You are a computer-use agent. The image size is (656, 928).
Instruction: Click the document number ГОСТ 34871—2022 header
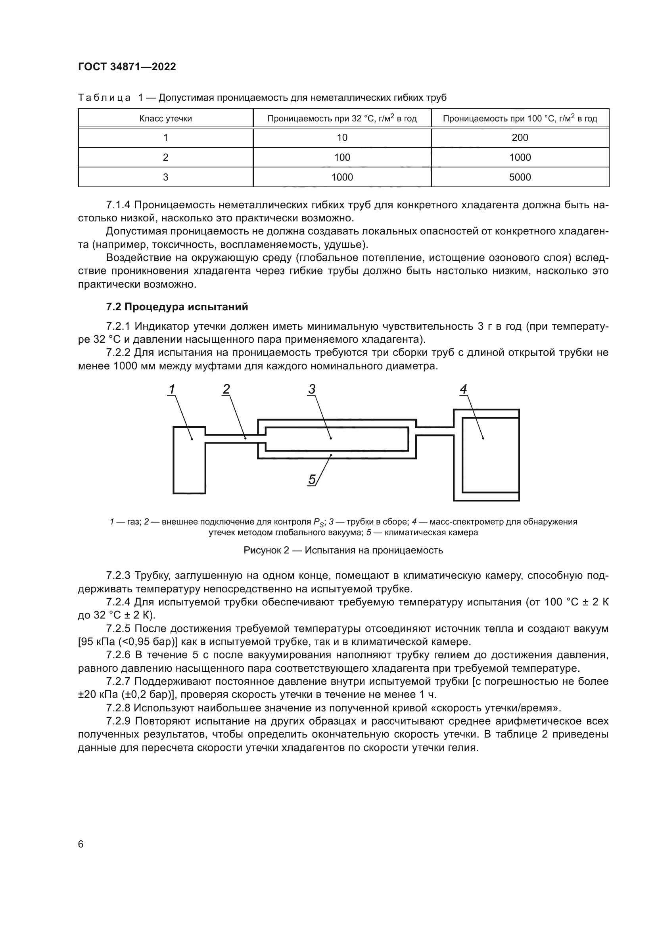pyautogui.click(x=127, y=67)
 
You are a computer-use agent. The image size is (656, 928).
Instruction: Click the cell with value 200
pyautogui.click(x=520, y=138)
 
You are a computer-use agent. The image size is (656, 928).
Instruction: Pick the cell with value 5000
pyautogui.click(x=520, y=177)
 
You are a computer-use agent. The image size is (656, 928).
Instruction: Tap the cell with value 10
pyautogui.click(x=342, y=138)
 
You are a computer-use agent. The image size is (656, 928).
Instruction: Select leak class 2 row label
pyautogui.click(x=165, y=158)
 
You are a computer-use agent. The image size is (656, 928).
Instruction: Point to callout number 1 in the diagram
pyautogui.click(x=172, y=389)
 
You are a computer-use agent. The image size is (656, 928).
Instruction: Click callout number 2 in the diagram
pyautogui.click(x=226, y=389)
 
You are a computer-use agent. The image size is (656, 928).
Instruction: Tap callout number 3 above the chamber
pyautogui.click(x=311, y=389)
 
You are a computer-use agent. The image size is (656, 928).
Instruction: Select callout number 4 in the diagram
pyautogui.click(x=463, y=389)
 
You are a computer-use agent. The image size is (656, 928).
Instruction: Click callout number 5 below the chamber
pyautogui.click(x=312, y=479)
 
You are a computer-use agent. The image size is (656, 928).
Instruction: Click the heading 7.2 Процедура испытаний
pyautogui.click(x=177, y=307)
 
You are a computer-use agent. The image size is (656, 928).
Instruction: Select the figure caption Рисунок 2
pyautogui.click(x=343, y=551)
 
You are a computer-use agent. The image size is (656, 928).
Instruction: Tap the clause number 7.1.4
pyautogui.click(x=118, y=205)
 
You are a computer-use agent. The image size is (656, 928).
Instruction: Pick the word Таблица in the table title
pyautogui.click(x=104, y=98)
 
